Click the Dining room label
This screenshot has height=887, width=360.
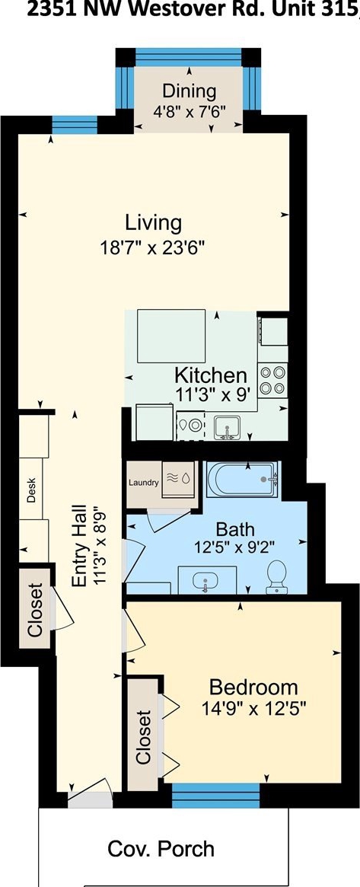point(190,91)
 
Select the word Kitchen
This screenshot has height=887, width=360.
point(210,375)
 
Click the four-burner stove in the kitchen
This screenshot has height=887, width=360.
point(273,380)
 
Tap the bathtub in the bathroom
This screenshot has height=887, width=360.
point(243,480)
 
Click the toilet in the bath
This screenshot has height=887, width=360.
point(276,577)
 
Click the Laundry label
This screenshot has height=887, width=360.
point(144,483)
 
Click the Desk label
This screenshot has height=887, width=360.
point(32,490)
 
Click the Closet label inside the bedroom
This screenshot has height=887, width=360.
point(144,736)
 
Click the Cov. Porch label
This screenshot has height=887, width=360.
point(161,848)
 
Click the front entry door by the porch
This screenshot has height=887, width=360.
point(90,792)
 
